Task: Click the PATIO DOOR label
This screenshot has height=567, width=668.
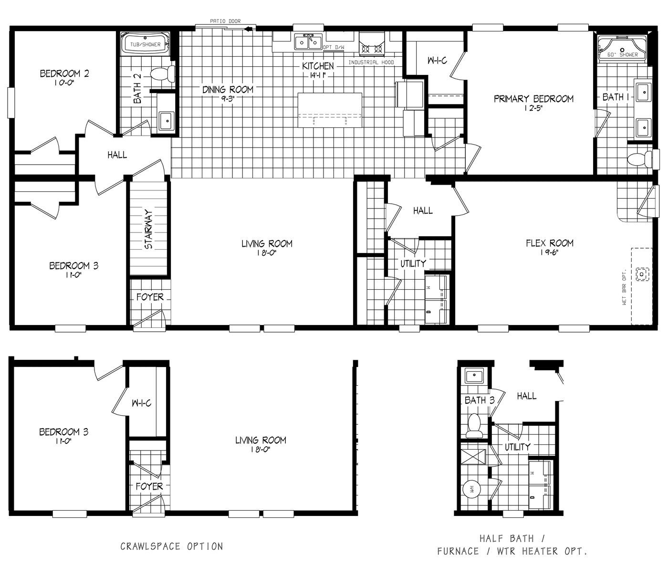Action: pyautogui.click(x=226, y=21)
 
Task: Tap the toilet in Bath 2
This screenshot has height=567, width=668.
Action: pyautogui.click(x=163, y=74)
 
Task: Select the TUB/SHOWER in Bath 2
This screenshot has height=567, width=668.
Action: pyautogui.click(x=146, y=45)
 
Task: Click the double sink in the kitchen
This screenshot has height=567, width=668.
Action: pyautogui.click(x=308, y=42)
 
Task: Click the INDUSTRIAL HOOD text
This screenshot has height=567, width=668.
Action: pyautogui.click(x=371, y=63)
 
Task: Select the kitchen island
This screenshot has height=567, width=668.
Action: pyautogui.click(x=330, y=110)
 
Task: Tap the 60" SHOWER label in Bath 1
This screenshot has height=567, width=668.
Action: pyautogui.click(x=622, y=55)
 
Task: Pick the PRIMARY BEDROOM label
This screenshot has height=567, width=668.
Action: pyautogui.click(x=533, y=99)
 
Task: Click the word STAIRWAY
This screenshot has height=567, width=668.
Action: pyautogui.click(x=148, y=229)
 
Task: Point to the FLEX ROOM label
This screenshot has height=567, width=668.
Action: pyautogui.click(x=550, y=243)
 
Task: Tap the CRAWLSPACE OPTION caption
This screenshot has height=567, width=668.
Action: pyautogui.click(x=171, y=546)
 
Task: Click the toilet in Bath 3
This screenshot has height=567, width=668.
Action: pyautogui.click(x=474, y=426)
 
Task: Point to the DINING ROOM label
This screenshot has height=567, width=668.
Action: pyautogui.click(x=228, y=89)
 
